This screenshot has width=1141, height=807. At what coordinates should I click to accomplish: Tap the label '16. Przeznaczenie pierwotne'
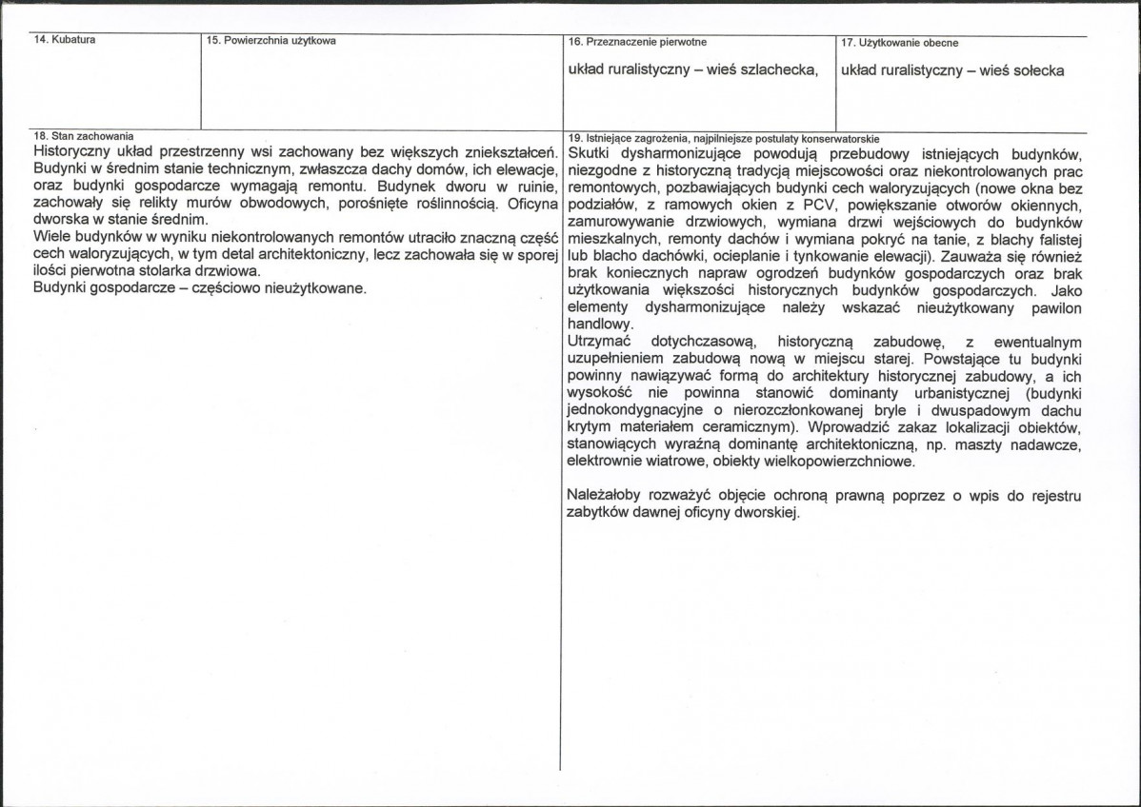636,42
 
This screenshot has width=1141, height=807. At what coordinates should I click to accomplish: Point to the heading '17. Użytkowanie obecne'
899,43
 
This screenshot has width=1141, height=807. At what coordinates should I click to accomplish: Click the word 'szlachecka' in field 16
777,70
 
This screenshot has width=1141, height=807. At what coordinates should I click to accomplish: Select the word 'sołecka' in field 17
1032,70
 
